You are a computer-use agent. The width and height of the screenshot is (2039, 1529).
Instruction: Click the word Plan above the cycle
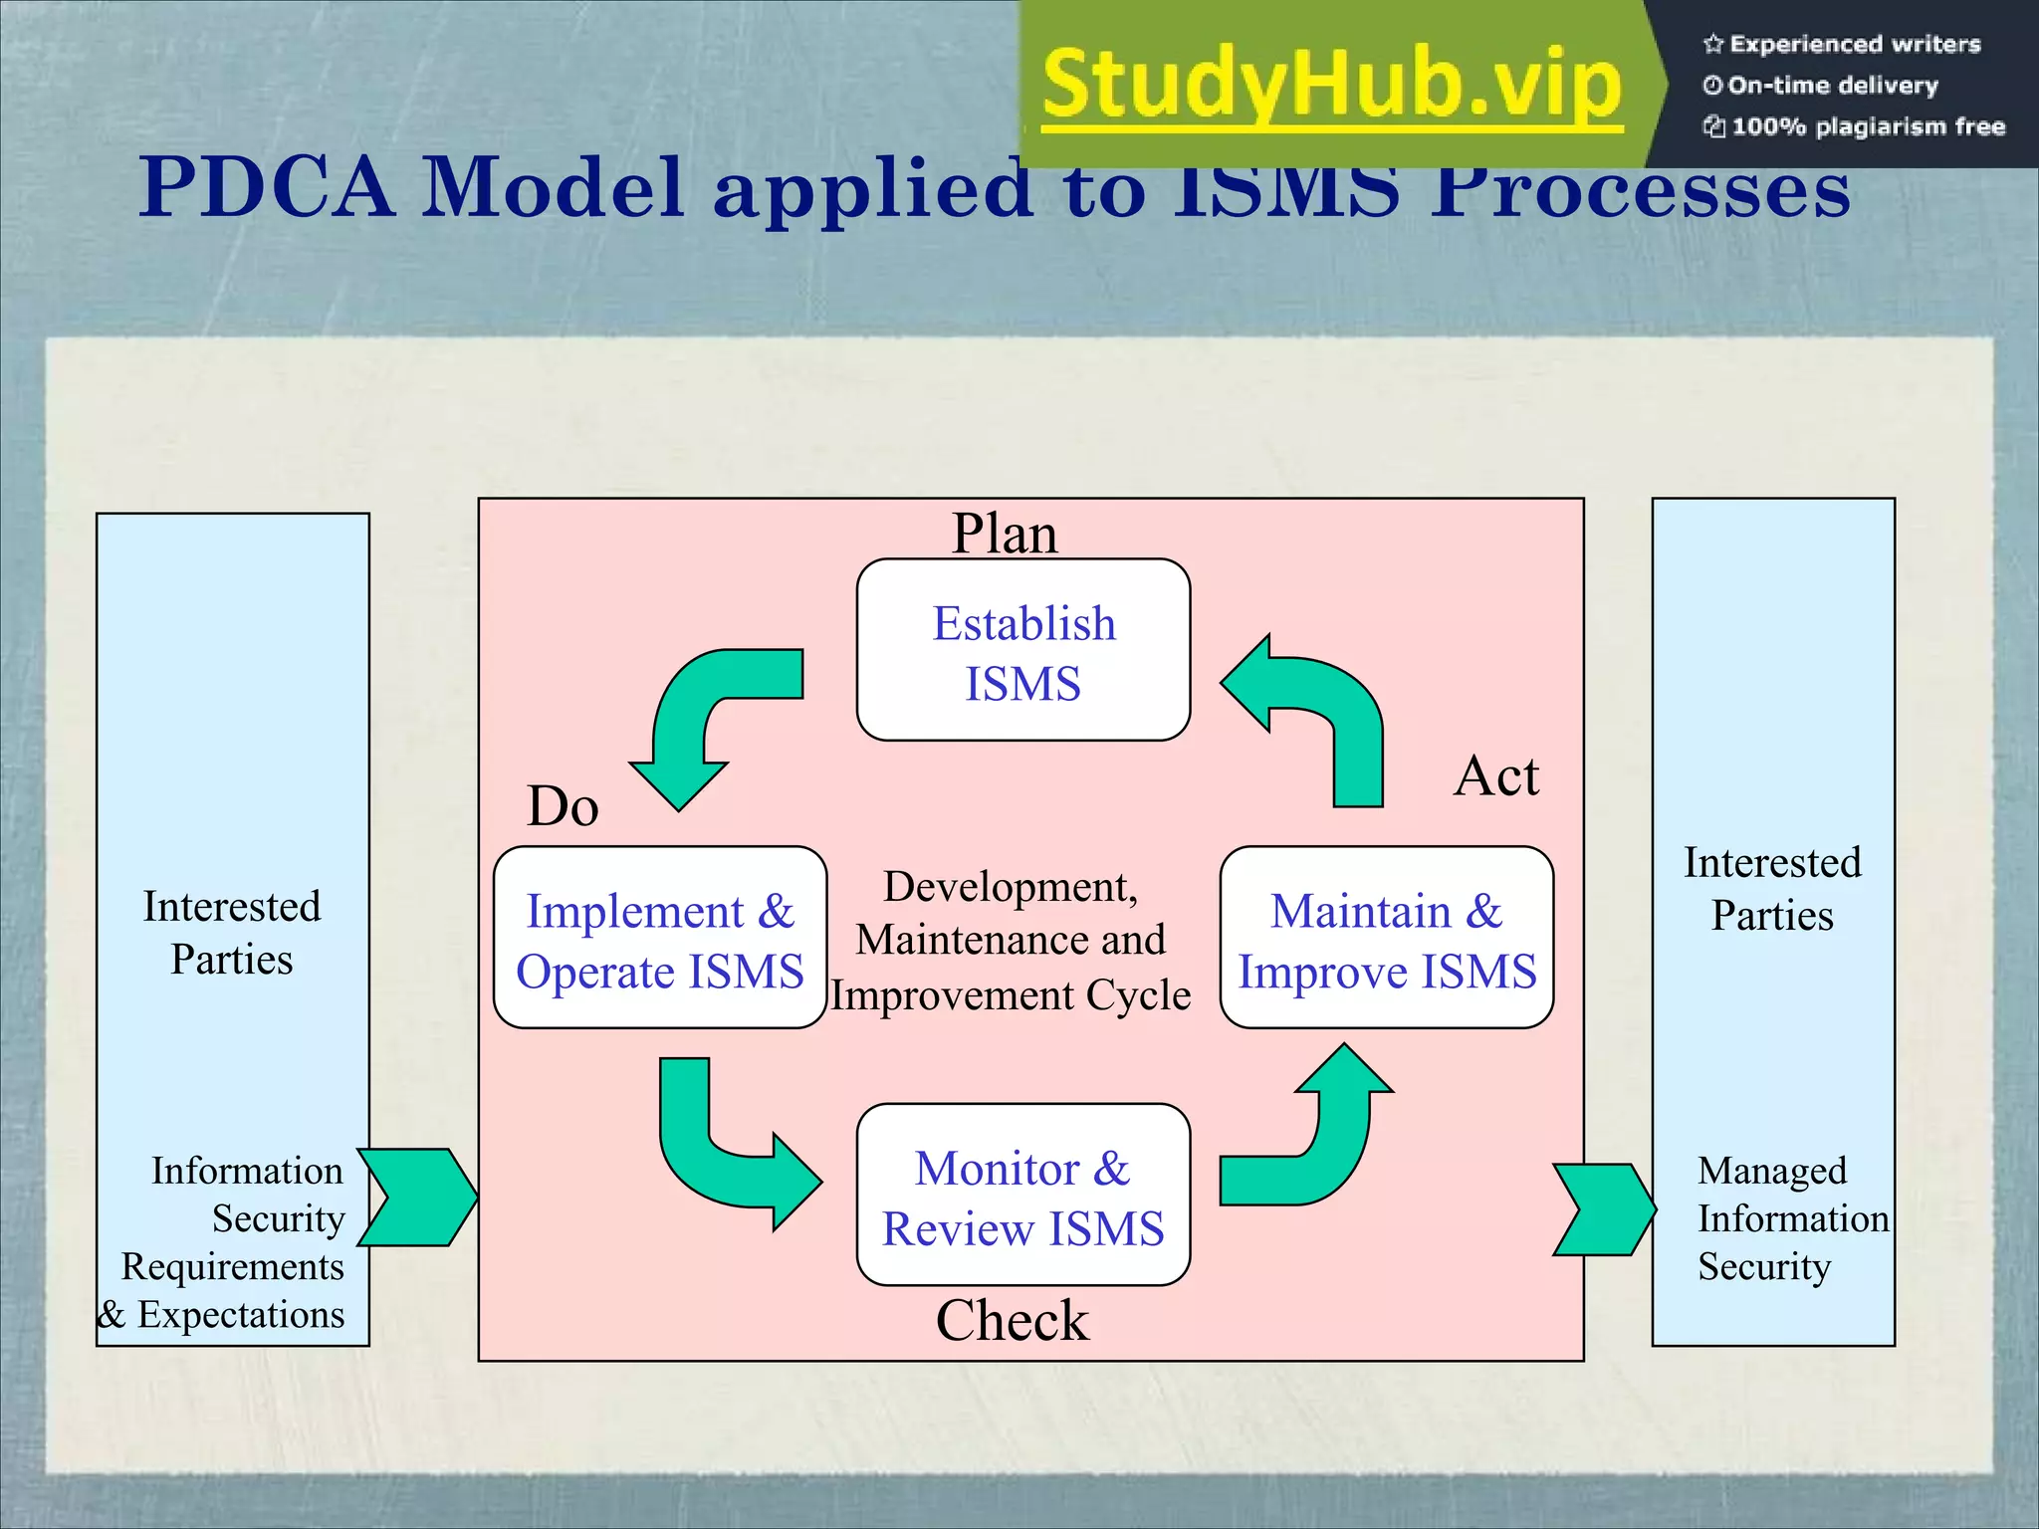tap(1004, 534)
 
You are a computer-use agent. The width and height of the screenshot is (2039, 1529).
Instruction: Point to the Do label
tap(563, 805)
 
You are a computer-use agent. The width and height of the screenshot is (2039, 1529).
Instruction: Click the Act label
tap(1495, 775)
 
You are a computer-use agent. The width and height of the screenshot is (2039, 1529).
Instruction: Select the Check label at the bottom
tap(1012, 1321)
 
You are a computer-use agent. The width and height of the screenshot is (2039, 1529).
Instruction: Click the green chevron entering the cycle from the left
tap(418, 1198)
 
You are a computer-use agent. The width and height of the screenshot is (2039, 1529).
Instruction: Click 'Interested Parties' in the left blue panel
tap(232, 933)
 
